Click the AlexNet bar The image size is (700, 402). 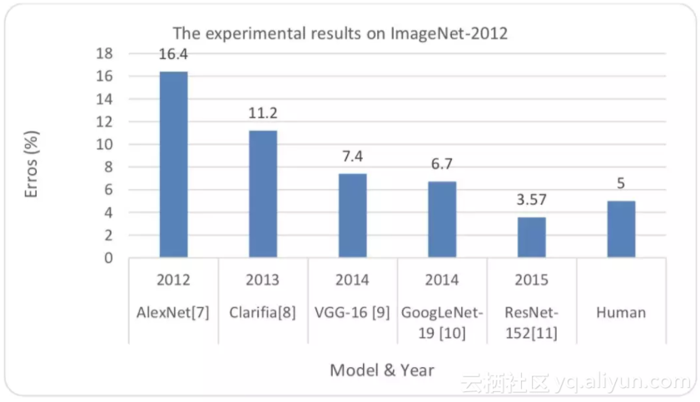click(174, 165)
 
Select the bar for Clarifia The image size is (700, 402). click(263, 194)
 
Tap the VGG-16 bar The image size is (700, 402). click(352, 216)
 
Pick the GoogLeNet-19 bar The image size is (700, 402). click(442, 220)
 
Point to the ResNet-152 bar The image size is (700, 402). click(532, 237)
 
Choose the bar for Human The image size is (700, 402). click(621, 229)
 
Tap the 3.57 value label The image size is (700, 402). click(532, 201)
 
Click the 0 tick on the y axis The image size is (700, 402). click(108, 258)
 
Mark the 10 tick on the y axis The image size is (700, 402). click(105, 145)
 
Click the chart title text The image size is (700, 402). click(340, 34)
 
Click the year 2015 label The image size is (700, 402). click(532, 280)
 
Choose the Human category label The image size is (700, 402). click(621, 313)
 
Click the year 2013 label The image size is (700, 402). click(263, 280)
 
